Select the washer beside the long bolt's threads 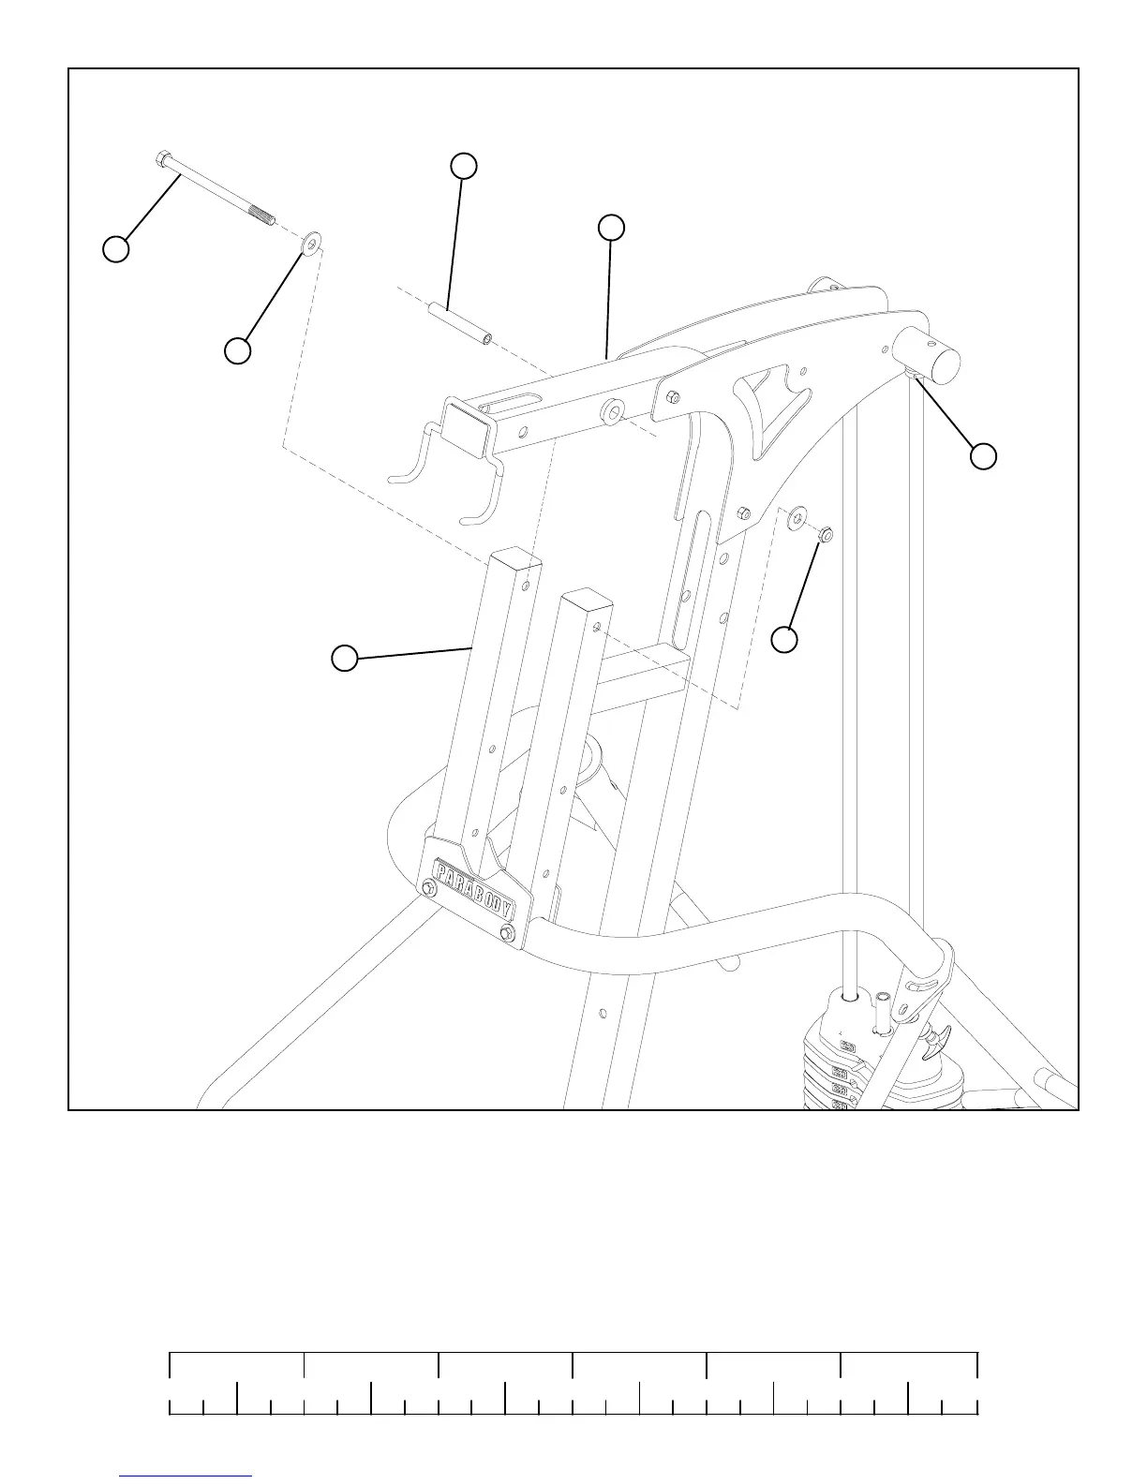tap(310, 244)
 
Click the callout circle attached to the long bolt tap(115, 250)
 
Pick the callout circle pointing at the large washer tap(237, 351)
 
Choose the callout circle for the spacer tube tap(463, 166)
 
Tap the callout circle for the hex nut tap(784, 640)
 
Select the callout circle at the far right tap(983, 456)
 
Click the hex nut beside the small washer tap(825, 535)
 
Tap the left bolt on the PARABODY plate tap(429, 888)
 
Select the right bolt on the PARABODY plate tap(508, 932)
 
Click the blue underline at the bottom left tap(186, 1477)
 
